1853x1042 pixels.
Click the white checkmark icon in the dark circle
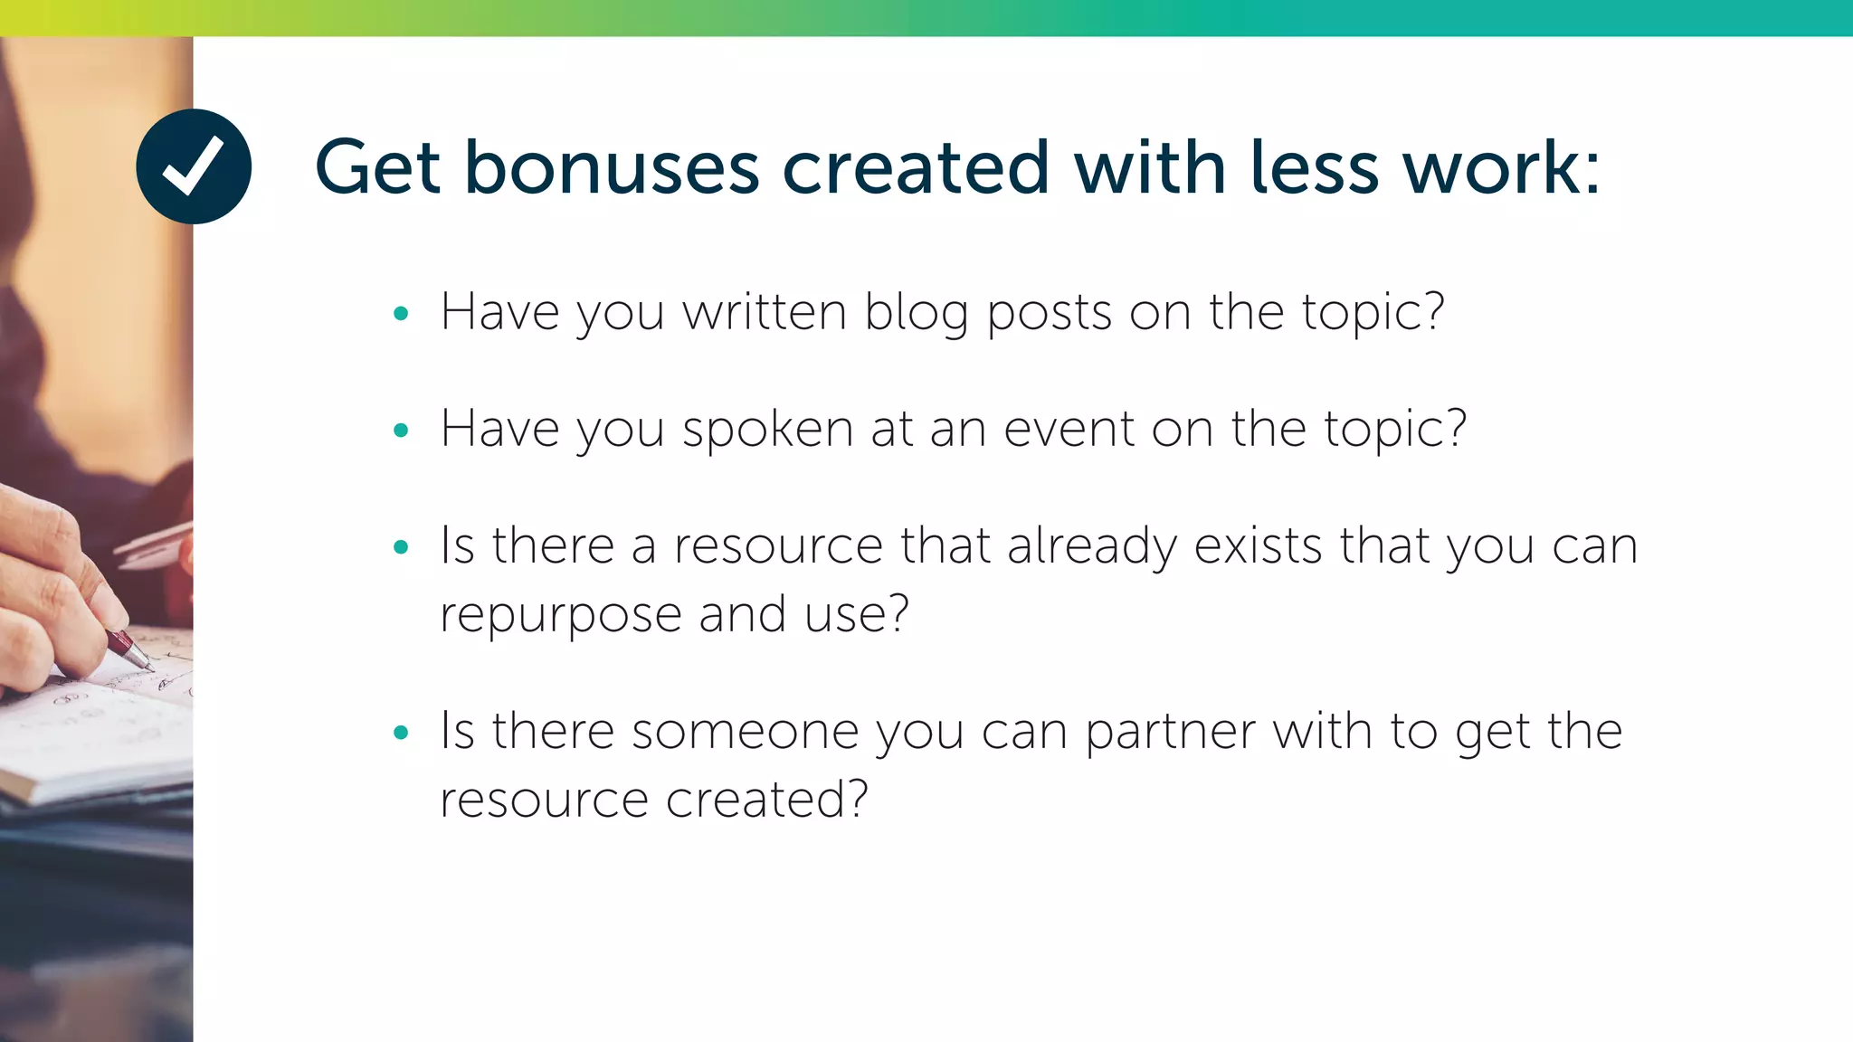pos(193,166)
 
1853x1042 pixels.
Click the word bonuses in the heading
pos(612,167)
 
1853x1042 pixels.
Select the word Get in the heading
pos(377,167)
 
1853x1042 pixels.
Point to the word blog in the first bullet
pos(916,314)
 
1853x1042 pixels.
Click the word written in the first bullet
pos(765,312)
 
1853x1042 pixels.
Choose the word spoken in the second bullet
pos(767,431)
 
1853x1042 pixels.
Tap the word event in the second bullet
pos(1069,429)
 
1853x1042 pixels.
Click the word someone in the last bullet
pos(745,731)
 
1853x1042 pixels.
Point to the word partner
pos(1171,733)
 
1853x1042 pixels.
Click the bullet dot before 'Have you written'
pos(401,314)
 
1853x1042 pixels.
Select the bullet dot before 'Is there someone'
pos(401,732)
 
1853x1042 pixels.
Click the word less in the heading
pos(1315,167)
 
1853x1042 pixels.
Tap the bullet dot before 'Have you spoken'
pos(401,431)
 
